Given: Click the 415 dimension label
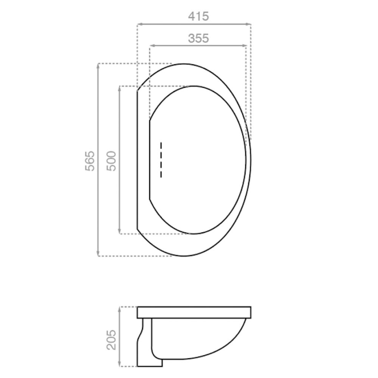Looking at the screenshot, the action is point(198,16).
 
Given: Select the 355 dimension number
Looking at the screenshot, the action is point(198,38).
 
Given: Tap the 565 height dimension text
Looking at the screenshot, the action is point(90,161).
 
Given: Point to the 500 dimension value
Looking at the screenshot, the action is point(112,161).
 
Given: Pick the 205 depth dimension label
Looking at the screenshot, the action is point(112,340).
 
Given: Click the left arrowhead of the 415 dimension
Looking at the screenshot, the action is point(139,24).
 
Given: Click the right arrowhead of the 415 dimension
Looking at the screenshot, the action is point(249,24).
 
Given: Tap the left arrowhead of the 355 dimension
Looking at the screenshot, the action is point(152,45).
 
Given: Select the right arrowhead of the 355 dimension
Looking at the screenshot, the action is point(245,45).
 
